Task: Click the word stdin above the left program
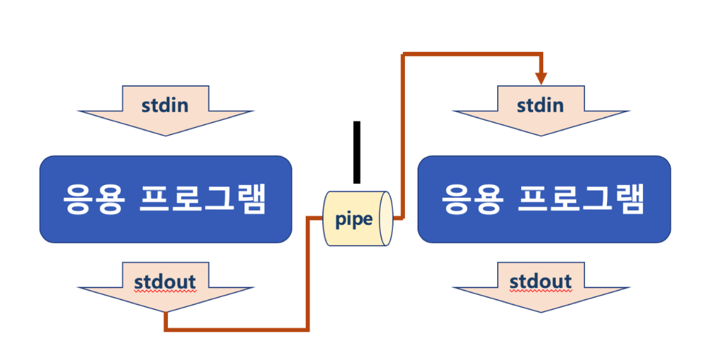[x=164, y=104]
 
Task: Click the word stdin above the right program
[x=540, y=104]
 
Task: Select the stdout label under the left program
[x=165, y=282]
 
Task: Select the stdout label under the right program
[x=540, y=282]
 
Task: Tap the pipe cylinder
[x=358, y=219]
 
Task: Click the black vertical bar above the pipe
[x=357, y=152]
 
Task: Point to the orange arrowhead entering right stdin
[x=541, y=78]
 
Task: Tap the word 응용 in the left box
[x=92, y=200]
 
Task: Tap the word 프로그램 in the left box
[x=202, y=200]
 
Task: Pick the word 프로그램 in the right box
[x=581, y=200]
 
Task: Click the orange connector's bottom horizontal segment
[x=237, y=329]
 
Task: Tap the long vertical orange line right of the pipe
[x=403, y=136]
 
